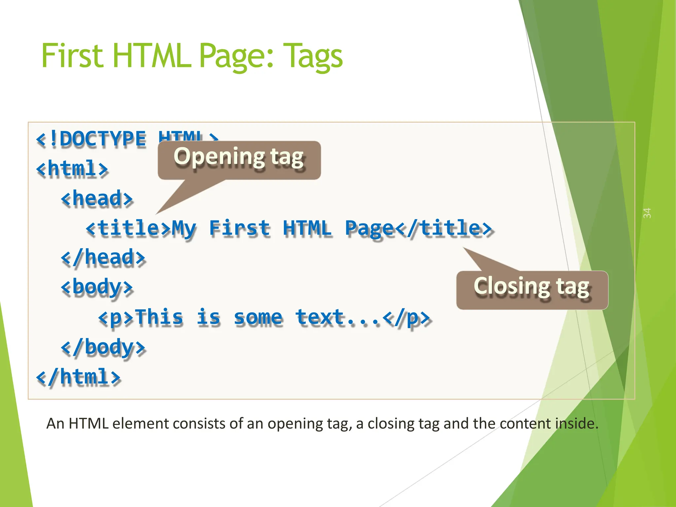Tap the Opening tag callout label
(239, 157)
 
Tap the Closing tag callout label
(531, 287)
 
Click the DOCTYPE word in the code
(102, 139)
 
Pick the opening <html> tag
(72, 169)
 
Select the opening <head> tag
(97, 198)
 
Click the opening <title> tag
(128, 228)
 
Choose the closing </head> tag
(103, 257)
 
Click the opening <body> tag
(97, 287)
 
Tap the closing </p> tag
(407, 318)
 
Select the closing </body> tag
(103, 347)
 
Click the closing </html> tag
(78, 377)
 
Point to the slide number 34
(647, 213)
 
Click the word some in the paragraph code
(258, 318)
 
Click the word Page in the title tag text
(370, 228)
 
